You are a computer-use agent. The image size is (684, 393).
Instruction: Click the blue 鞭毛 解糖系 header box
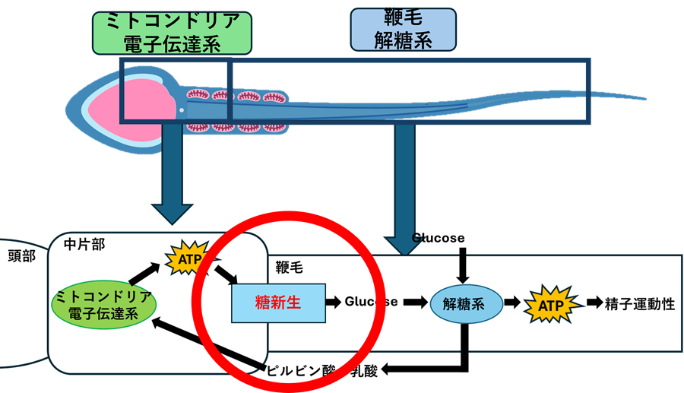403,29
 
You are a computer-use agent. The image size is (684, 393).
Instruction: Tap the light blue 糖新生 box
278,303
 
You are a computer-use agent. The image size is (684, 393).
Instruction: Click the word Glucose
371,302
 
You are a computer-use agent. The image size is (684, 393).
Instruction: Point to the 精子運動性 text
640,304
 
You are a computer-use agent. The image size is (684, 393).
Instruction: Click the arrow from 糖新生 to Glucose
334,302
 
